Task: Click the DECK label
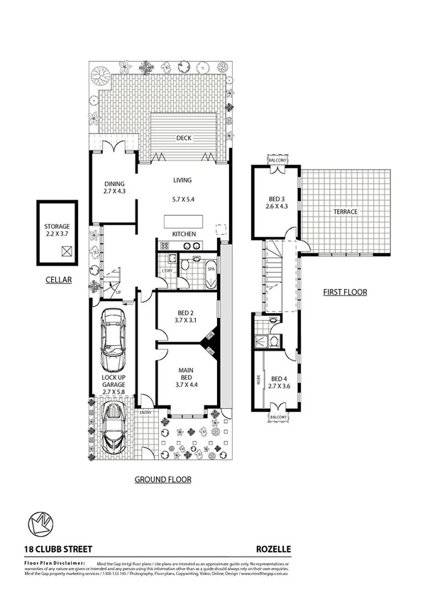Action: click(184, 139)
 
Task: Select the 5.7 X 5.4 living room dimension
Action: click(184, 199)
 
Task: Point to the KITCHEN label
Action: click(184, 234)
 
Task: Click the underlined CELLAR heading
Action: click(57, 280)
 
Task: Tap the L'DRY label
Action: click(167, 272)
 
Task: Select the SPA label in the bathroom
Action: click(211, 270)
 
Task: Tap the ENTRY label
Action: click(145, 412)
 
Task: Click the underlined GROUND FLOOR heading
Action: click(163, 479)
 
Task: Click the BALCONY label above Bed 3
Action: click(277, 161)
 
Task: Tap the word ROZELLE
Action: click(273, 549)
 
